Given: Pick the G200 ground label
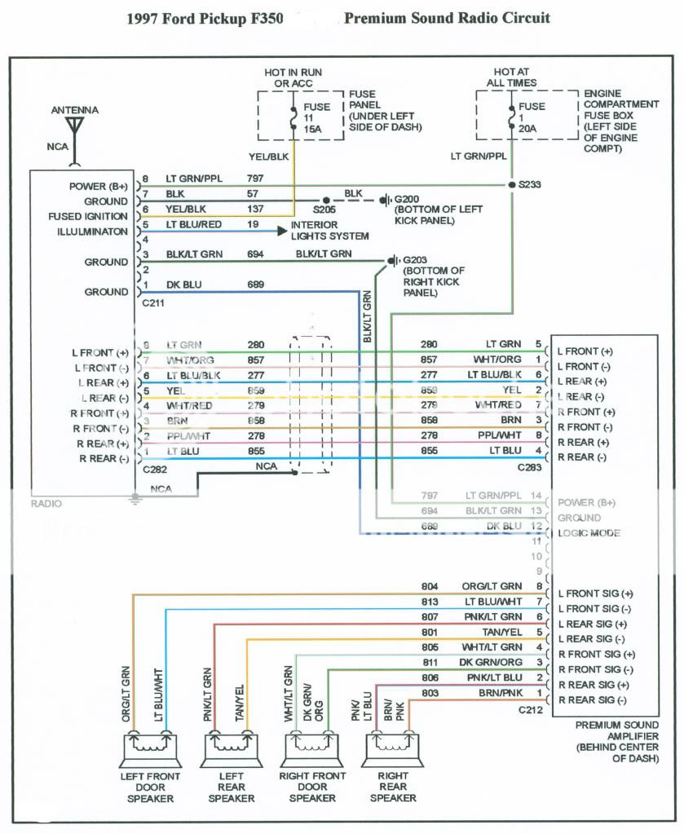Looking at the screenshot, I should [408, 199].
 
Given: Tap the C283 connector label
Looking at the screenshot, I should [530, 470].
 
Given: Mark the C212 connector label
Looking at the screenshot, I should [530, 710].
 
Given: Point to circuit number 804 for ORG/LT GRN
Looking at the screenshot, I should [430, 586].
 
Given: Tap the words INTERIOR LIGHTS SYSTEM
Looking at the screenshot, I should [330, 230].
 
